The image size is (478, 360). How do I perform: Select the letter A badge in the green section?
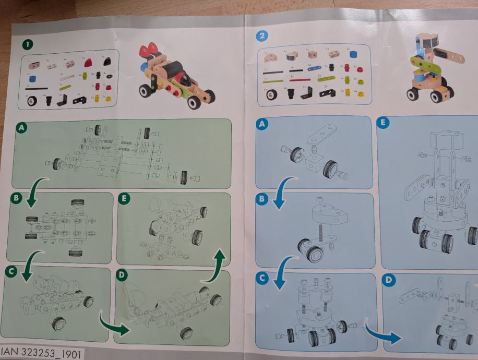(x=22, y=127)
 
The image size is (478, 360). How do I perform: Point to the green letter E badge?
(x=125, y=199)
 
